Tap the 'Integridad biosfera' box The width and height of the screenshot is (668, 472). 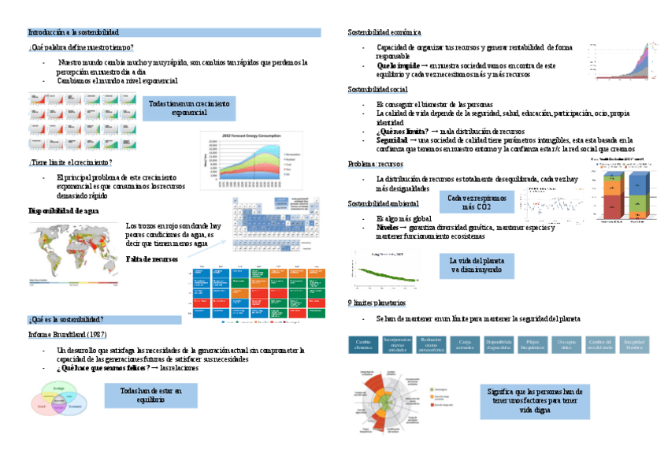[x=635, y=344]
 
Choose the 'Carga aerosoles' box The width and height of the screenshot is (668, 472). [x=465, y=344]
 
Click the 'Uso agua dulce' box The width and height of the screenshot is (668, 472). [x=566, y=344]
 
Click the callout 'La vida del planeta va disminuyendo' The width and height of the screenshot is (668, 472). [x=477, y=265]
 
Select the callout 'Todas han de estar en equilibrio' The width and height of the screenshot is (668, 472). [x=150, y=395]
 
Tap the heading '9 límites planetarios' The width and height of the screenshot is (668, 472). [x=376, y=303]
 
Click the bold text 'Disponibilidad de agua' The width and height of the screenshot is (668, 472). [x=63, y=211]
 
